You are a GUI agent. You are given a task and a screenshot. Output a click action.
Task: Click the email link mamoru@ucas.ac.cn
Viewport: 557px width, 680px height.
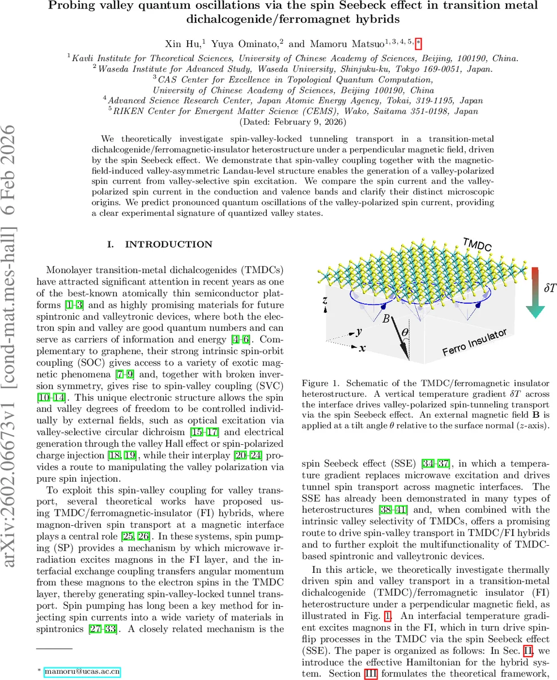tap(82, 671)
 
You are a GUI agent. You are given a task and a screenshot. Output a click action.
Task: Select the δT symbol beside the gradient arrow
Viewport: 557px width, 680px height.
tap(550, 288)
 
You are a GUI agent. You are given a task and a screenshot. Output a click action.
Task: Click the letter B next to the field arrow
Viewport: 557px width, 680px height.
tap(386, 320)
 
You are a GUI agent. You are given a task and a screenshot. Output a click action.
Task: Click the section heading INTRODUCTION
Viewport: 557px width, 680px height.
tap(160, 244)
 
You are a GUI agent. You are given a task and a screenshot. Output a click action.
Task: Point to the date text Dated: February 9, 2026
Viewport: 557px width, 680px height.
tap(293, 121)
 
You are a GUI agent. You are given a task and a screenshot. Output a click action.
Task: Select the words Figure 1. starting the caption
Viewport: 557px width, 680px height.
tap(320, 383)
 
